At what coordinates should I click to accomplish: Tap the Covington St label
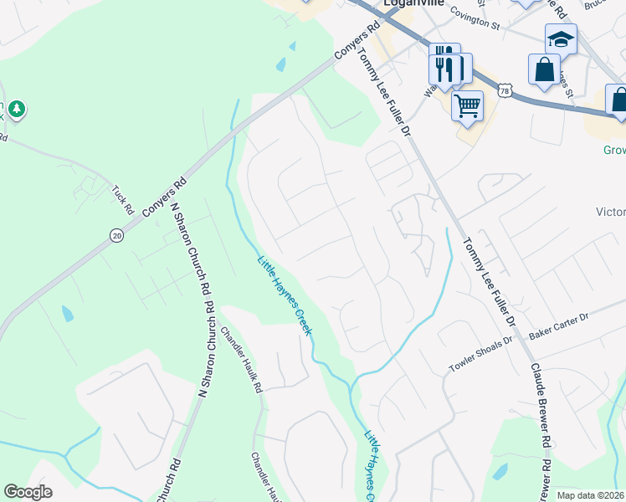tap(474, 19)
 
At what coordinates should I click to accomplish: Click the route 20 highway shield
tap(116, 236)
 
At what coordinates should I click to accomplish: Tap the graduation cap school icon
tap(561, 38)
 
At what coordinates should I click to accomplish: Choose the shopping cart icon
tap(467, 105)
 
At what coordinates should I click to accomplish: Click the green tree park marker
tap(16, 109)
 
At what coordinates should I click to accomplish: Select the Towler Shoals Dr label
tap(480, 354)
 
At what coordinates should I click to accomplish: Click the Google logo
tap(28, 492)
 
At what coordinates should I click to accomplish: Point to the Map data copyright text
tap(590, 495)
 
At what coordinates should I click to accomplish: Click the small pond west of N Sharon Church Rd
tap(67, 314)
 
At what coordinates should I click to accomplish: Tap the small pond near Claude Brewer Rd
tap(500, 470)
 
